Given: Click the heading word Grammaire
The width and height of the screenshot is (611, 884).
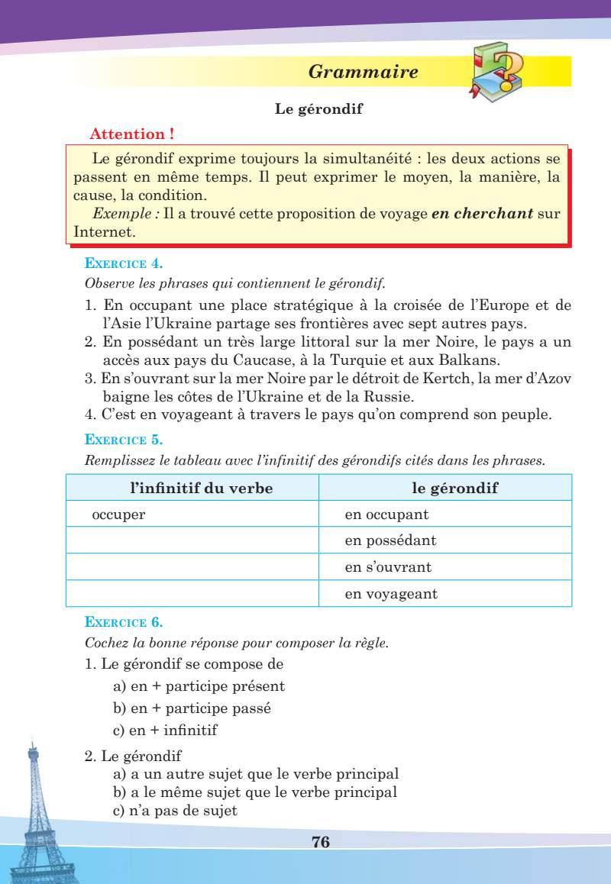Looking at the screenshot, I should pyautogui.click(x=363, y=73).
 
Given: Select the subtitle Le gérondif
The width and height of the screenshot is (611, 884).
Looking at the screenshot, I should pyautogui.click(x=318, y=109).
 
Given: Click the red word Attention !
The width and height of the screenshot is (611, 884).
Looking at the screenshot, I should pyautogui.click(x=132, y=134).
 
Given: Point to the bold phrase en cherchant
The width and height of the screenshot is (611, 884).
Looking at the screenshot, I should pyautogui.click(x=481, y=215).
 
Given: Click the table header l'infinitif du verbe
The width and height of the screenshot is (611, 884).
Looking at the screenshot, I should pyautogui.click(x=192, y=488).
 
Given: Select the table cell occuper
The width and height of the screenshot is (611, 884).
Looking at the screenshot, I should pyautogui.click(x=118, y=514).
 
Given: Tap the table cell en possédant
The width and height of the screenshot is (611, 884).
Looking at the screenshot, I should pyautogui.click(x=390, y=540).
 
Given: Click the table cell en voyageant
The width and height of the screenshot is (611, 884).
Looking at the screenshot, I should pyautogui.click(x=391, y=593).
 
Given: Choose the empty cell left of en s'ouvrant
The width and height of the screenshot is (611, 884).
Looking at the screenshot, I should pyautogui.click(x=192, y=567).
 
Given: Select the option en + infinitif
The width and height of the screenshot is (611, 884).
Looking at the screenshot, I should pyautogui.click(x=165, y=730).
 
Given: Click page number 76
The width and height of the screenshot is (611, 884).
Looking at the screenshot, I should pyautogui.click(x=321, y=842).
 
